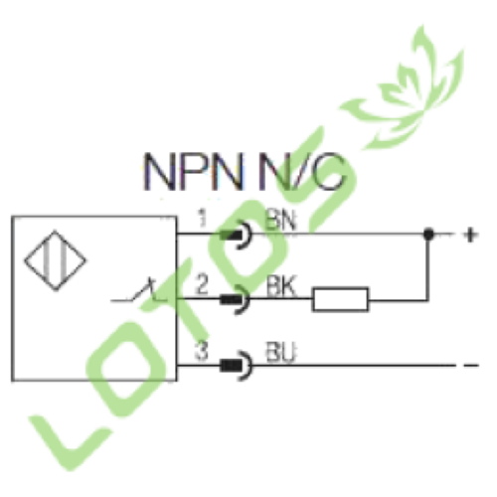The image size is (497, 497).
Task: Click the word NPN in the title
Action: click(x=194, y=172)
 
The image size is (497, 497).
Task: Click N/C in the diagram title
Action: click(x=302, y=172)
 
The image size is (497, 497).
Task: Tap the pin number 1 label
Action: click(x=202, y=218)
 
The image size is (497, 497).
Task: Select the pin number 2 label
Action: click(x=202, y=284)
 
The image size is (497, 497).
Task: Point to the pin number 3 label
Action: click(x=202, y=351)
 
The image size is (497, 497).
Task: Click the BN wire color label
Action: click(x=280, y=220)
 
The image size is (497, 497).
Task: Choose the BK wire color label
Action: click(x=280, y=285)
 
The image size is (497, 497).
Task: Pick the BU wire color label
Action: click(x=280, y=352)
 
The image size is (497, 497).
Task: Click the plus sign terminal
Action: click(x=470, y=235)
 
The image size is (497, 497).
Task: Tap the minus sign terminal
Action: click(x=471, y=366)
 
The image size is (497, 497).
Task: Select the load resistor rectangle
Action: click(x=340, y=299)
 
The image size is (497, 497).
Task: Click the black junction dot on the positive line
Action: click(x=428, y=235)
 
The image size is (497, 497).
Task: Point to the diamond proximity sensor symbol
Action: click(x=55, y=260)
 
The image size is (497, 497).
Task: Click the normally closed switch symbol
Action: click(x=139, y=291)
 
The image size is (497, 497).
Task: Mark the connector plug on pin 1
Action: click(x=236, y=235)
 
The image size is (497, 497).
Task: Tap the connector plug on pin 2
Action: click(x=236, y=299)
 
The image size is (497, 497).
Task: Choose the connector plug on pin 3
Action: click(x=236, y=366)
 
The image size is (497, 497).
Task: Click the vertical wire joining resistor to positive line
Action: click(x=428, y=267)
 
